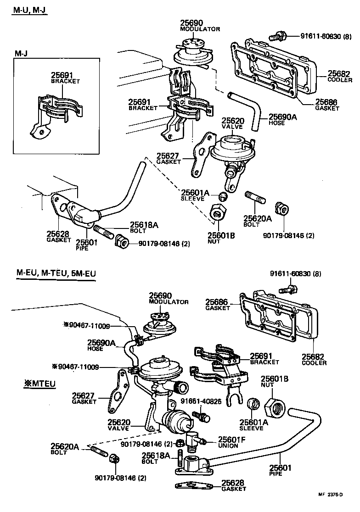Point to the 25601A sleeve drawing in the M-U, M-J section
pyautogui.click(x=222, y=196)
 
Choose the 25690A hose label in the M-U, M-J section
pyautogui.click(x=282, y=117)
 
